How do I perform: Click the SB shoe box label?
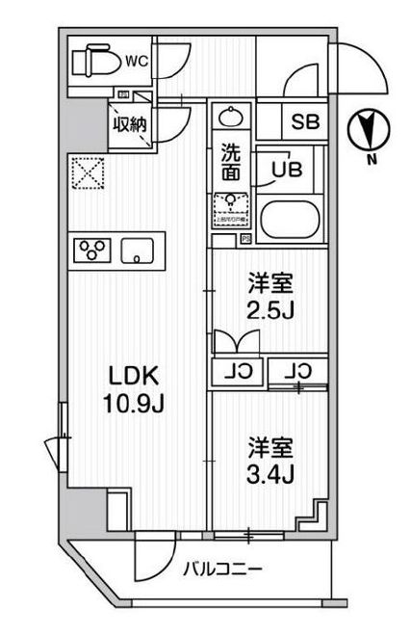[x=306, y=123]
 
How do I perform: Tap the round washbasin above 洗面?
[x=232, y=118]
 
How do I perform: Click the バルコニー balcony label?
[x=223, y=569]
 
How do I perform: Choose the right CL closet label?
[x=298, y=370]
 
